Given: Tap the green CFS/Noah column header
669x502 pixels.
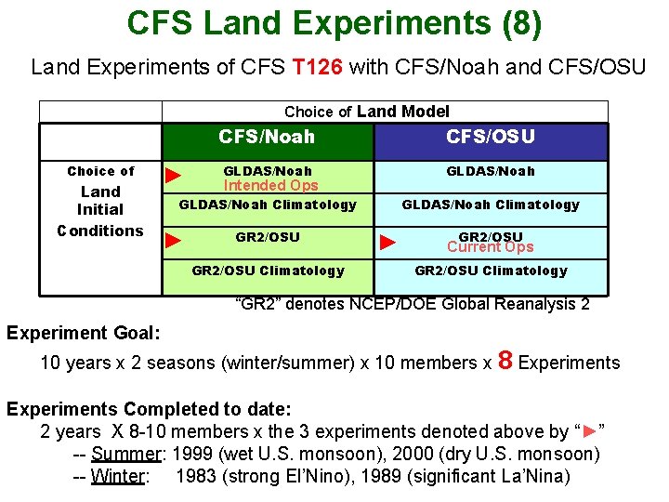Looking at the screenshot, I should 267,138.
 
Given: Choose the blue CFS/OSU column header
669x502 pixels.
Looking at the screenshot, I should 490,138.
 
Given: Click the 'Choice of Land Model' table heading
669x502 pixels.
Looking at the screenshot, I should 366,112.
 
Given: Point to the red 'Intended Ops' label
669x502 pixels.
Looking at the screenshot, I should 270,185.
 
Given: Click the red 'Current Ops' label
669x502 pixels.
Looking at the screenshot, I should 490,247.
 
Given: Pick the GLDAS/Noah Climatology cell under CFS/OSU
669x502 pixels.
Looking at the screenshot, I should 490,205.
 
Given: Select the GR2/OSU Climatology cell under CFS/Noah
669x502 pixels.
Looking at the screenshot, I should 268,271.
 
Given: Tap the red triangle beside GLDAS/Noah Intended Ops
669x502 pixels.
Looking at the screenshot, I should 172,175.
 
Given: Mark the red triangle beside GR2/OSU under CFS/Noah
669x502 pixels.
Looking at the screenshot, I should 172,240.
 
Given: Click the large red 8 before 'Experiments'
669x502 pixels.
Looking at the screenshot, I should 506,360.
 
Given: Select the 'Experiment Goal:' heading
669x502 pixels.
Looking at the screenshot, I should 84,332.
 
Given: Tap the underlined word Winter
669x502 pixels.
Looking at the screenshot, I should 117,477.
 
